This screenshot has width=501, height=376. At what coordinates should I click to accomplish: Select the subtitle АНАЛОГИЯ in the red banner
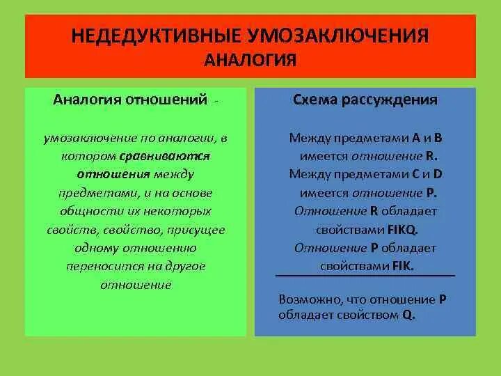tap(250, 61)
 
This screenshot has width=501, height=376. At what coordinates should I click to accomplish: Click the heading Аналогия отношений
tap(130, 100)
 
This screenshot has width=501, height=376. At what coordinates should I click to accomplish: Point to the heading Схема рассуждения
tap(365, 100)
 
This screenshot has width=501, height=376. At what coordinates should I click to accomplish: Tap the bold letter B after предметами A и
tap(438, 138)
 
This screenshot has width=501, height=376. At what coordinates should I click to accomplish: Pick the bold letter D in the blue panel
tap(438, 174)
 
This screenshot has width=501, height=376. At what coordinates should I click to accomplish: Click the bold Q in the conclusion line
tap(408, 314)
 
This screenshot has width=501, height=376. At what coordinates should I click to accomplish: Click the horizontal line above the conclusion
tap(365, 276)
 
